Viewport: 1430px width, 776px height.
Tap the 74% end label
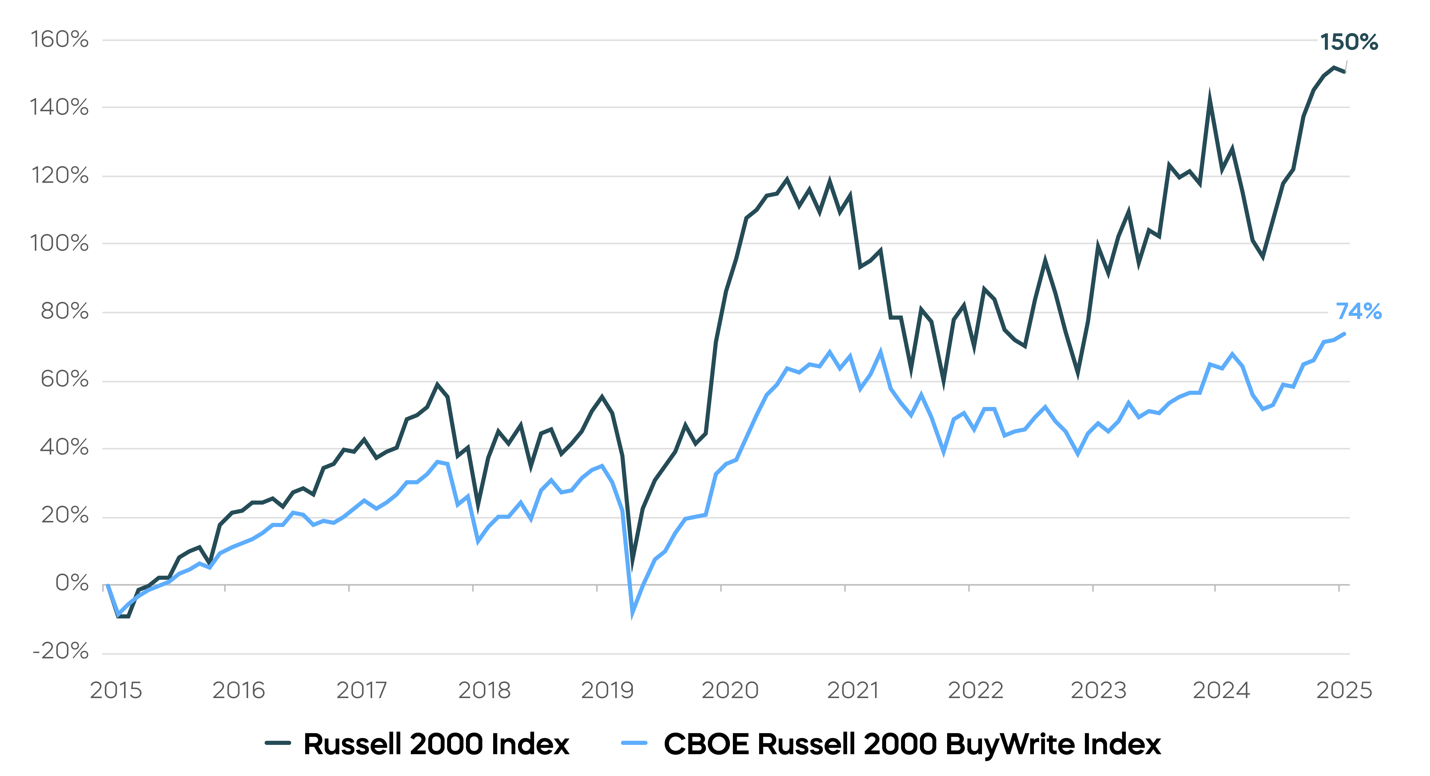coord(1358,311)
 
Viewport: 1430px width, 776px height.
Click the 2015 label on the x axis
coord(116,690)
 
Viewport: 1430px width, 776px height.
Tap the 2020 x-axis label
coord(730,690)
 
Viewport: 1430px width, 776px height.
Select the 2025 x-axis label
coord(1344,690)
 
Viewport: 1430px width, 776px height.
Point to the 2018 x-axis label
coord(484,690)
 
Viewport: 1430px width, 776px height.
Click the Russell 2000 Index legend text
coord(436,744)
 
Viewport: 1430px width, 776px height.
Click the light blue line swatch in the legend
coord(634,743)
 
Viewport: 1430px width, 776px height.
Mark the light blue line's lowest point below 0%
coord(632,614)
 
